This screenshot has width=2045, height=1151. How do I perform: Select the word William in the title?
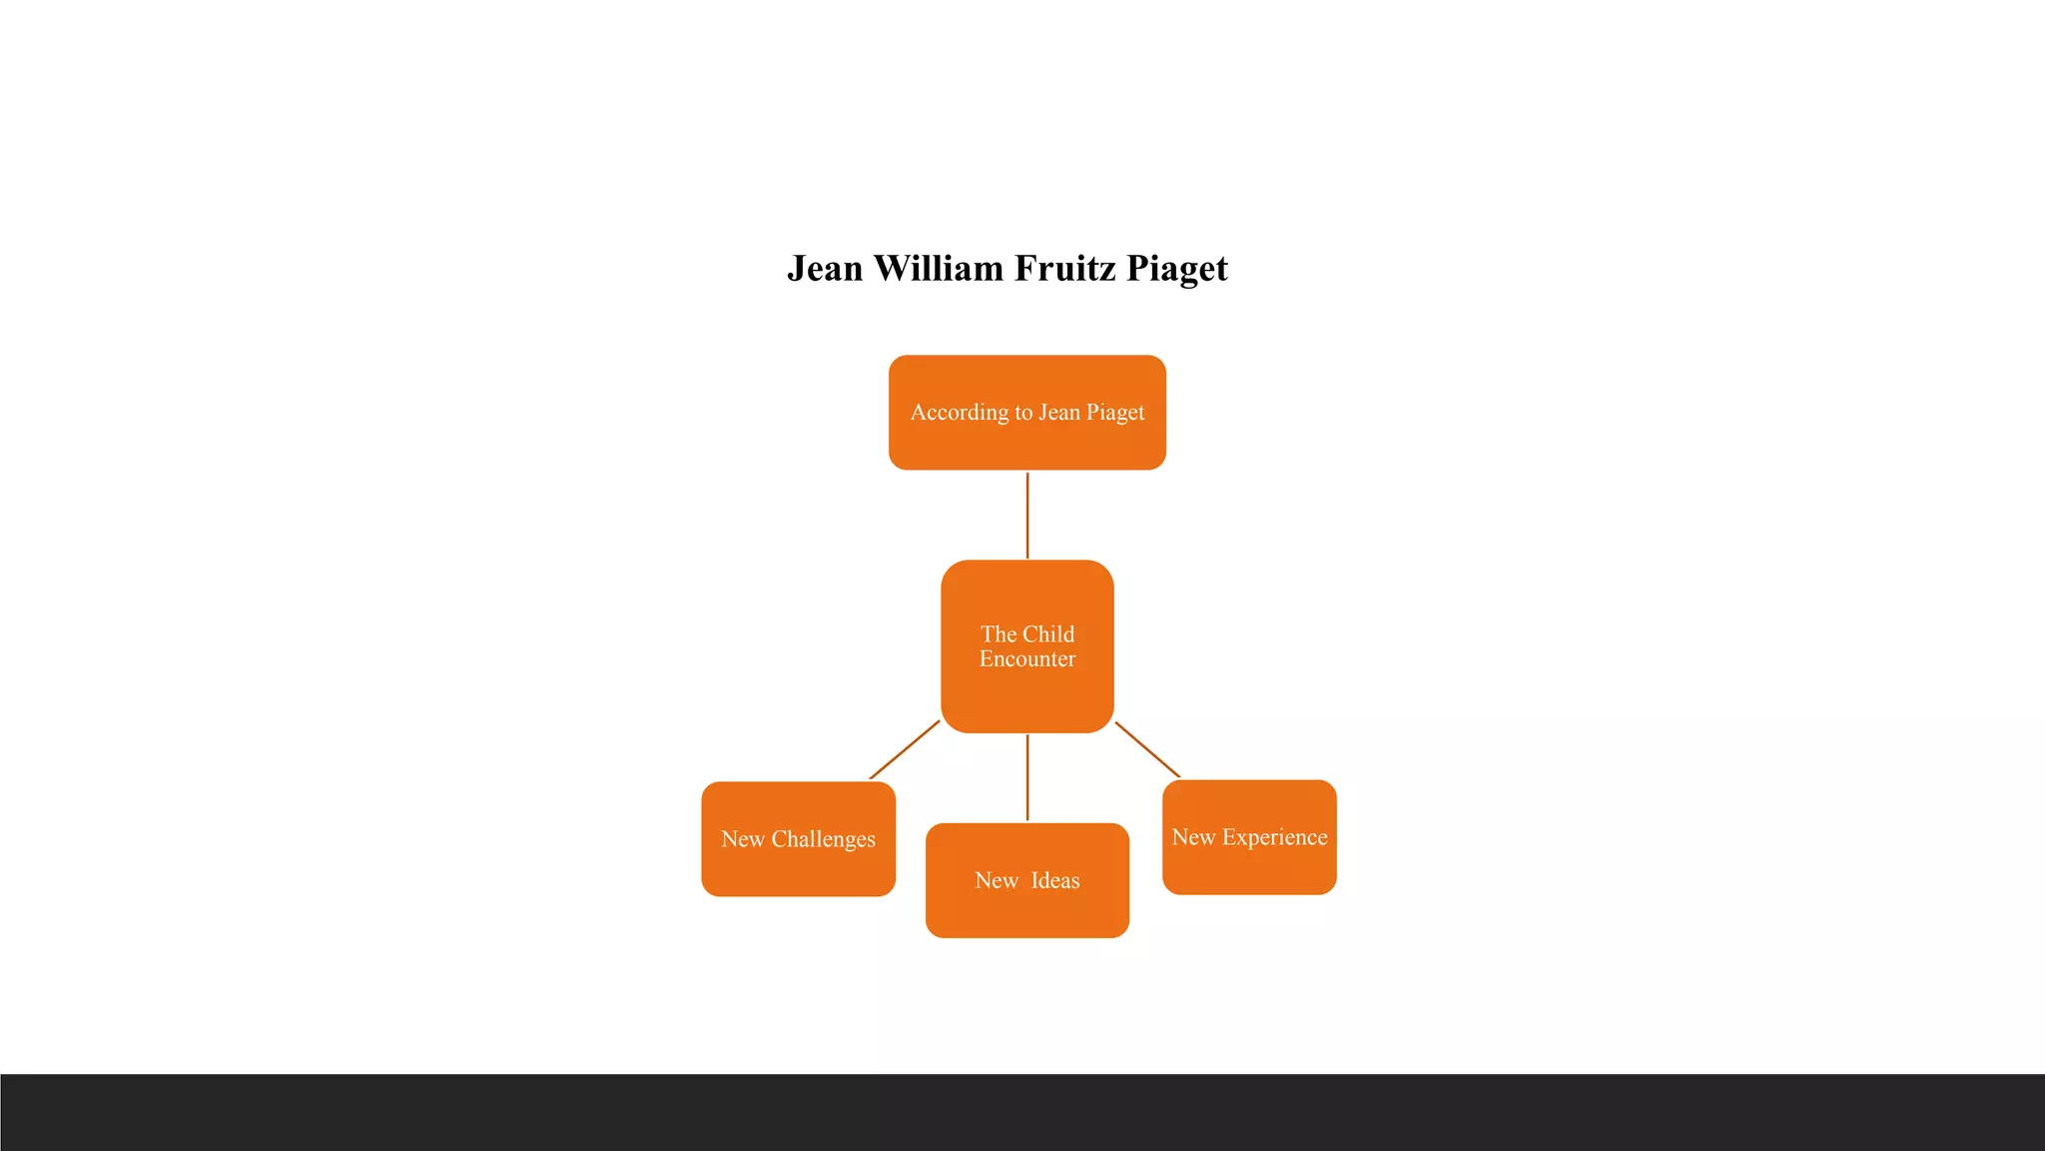point(939,269)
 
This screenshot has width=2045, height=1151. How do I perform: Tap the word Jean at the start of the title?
point(825,269)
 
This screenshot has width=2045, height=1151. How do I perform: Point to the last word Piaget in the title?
point(1177,270)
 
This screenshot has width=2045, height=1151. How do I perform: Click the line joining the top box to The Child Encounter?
point(1027,515)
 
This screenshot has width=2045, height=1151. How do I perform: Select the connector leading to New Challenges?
point(905,749)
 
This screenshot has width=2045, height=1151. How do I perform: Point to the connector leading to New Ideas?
point(1027,777)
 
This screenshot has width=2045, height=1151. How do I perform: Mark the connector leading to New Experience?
point(1147,749)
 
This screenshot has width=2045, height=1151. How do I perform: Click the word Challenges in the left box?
point(823,839)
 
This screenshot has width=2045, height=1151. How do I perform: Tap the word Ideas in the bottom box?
point(1055,880)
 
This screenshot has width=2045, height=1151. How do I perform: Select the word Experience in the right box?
point(1274,837)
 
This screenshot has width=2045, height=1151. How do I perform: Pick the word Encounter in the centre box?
point(1027,659)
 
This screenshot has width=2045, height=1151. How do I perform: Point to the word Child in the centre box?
point(1048,634)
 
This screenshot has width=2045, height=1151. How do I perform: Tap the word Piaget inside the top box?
point(1115,413)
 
